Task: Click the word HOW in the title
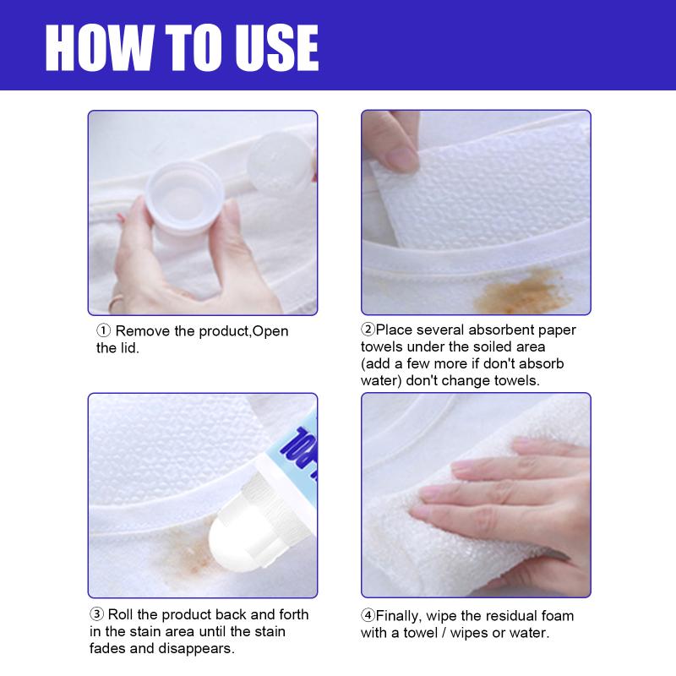[99, 47]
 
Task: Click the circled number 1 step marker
[103, 330]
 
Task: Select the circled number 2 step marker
[368, 330]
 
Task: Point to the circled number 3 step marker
[96, 614]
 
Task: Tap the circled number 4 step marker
[368, 615]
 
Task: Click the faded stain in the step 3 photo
[181, 554]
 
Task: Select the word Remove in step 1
[143, 331]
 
